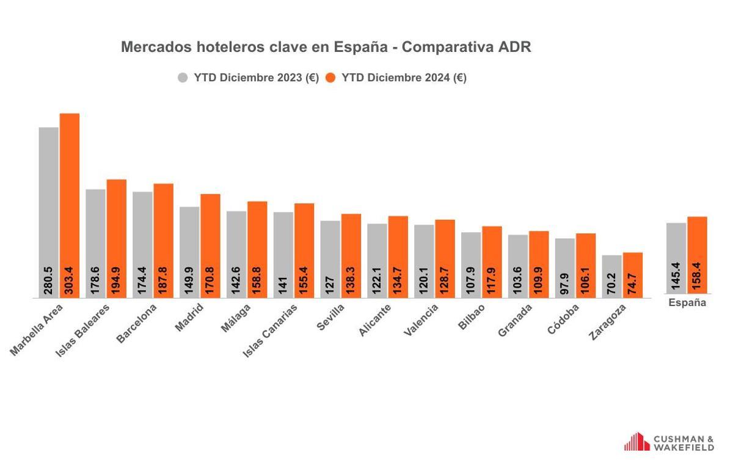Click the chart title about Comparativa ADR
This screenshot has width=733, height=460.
(326, 47)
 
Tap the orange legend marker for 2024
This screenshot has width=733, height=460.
(331, 78)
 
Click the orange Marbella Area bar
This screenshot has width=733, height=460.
(70, 202)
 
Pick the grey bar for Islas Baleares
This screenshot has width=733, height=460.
(96, 238)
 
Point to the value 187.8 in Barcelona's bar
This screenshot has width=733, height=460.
(164, 281)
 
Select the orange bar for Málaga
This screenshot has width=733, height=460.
(257, 244)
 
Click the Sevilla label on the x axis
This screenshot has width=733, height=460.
(330, 317)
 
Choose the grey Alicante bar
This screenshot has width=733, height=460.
(377, 257)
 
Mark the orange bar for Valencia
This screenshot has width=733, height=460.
(445, 254)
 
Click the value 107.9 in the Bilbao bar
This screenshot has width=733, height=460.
(471, 281)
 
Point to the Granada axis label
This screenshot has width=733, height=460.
(514, 321)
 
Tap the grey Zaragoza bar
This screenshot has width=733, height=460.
(612, 275)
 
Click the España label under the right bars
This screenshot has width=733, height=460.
(687, 303)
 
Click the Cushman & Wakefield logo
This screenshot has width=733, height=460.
(668, 442)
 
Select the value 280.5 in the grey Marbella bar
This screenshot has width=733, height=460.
(49, 281)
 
